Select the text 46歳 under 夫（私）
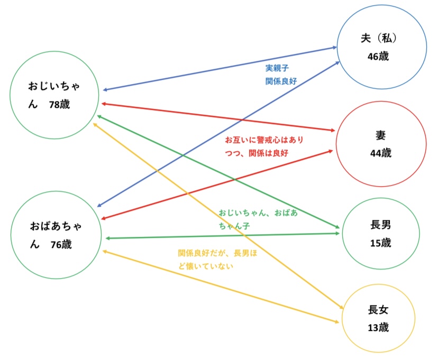(378, 56)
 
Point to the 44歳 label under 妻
(381, 153)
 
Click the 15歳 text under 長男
(380, 243)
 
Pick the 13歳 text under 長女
(378, 327)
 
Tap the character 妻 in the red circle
(381, 135)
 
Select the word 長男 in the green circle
(381, 225)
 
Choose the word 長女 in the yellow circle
(378, 309)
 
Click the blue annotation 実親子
(277, 68)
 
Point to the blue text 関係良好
(280, 81)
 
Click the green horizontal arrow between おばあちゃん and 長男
(222, 236)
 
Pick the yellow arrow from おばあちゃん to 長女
(222, 286)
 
